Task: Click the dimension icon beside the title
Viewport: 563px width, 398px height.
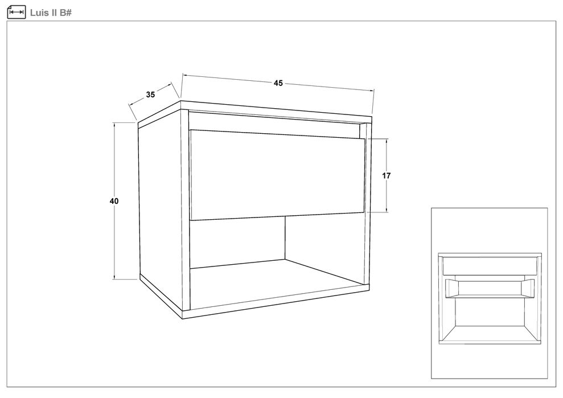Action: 16,12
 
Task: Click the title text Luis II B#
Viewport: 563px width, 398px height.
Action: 51,13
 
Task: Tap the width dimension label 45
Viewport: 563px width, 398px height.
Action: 278,83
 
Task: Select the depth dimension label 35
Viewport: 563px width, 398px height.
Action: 150,95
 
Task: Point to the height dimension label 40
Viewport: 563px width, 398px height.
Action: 114,201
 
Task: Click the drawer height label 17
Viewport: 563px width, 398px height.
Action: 387,175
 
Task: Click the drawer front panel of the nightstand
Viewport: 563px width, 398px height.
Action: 277,175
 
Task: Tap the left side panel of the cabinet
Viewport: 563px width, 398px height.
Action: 160,212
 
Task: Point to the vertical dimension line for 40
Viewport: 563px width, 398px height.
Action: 114,201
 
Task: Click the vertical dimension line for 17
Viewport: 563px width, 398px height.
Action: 387,175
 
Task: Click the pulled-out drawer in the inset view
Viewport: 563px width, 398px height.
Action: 490,288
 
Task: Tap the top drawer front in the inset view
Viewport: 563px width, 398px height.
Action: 490,266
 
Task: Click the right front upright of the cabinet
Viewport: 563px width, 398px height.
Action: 367,205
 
